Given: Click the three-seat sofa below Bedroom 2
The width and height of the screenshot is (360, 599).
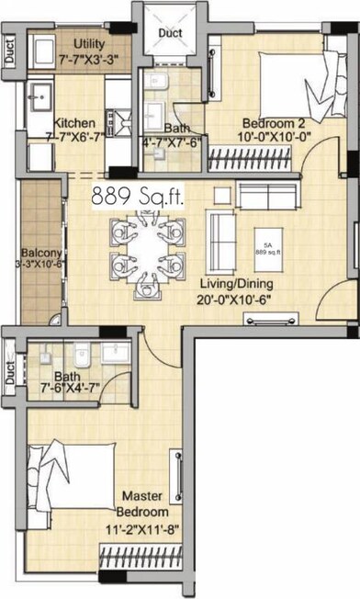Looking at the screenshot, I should coord(264,195).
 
